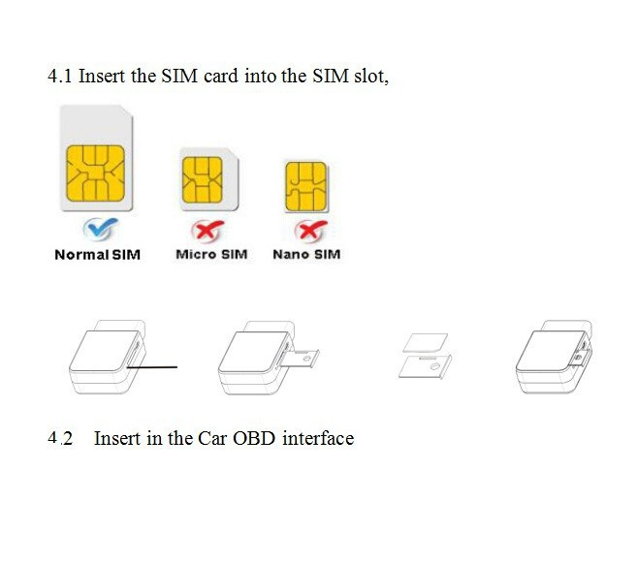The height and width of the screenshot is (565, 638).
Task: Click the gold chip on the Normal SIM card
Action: pos(96,173)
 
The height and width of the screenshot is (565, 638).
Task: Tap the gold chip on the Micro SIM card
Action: pos(203,180)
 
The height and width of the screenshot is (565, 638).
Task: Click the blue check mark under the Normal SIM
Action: pos(100,229)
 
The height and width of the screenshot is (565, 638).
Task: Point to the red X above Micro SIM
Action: pos(207,231)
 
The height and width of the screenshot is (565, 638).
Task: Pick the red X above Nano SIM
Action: pos(311,231)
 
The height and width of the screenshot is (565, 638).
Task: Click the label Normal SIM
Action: pos(98,255)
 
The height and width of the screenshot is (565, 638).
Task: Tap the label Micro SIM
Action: pos(211,254)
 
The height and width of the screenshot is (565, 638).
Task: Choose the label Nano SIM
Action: pos(306,254)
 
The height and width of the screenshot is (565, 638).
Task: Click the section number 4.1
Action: pos(59,76)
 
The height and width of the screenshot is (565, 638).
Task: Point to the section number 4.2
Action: pos(60,438)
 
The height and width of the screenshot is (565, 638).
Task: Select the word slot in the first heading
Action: pos(371,76)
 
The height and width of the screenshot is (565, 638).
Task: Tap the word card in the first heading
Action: pos(221,76)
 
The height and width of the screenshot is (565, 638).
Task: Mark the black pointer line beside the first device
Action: pos(152,367)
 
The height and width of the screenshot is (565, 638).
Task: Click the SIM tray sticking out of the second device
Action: pos(300,359)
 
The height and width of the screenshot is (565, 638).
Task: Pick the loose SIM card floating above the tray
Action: pos(426,343)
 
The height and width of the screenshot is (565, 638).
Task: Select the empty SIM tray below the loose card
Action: pos(425,366)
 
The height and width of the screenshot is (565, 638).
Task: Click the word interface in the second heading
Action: pos(318,438)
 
